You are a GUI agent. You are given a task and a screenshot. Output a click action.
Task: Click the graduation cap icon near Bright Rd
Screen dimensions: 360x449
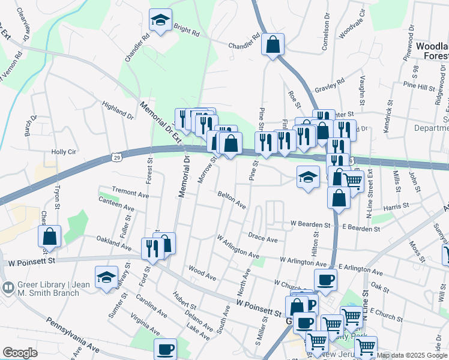161,21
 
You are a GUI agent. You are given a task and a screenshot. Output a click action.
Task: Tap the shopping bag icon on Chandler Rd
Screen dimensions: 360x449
273,44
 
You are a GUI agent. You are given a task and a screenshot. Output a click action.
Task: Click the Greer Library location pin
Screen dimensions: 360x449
8,287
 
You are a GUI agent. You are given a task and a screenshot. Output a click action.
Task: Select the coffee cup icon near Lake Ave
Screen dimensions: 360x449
165,349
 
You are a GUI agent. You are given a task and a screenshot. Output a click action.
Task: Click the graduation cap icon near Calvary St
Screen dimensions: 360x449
106,278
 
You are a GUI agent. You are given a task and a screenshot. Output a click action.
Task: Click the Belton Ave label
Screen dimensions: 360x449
231,200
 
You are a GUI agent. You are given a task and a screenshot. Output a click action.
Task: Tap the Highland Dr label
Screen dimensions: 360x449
117,110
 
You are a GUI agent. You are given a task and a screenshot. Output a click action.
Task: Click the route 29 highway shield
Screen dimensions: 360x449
116,157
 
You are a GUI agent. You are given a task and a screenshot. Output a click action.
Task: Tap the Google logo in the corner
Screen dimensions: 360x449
20,353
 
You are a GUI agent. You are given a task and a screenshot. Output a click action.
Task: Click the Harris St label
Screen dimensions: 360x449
396,205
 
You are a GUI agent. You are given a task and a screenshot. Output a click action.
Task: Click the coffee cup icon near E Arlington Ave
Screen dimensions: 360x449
325,279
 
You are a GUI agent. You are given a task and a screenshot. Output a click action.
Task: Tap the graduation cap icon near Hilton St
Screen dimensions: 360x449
308,177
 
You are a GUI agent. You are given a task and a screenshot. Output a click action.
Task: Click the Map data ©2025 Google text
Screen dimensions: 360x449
412,355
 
